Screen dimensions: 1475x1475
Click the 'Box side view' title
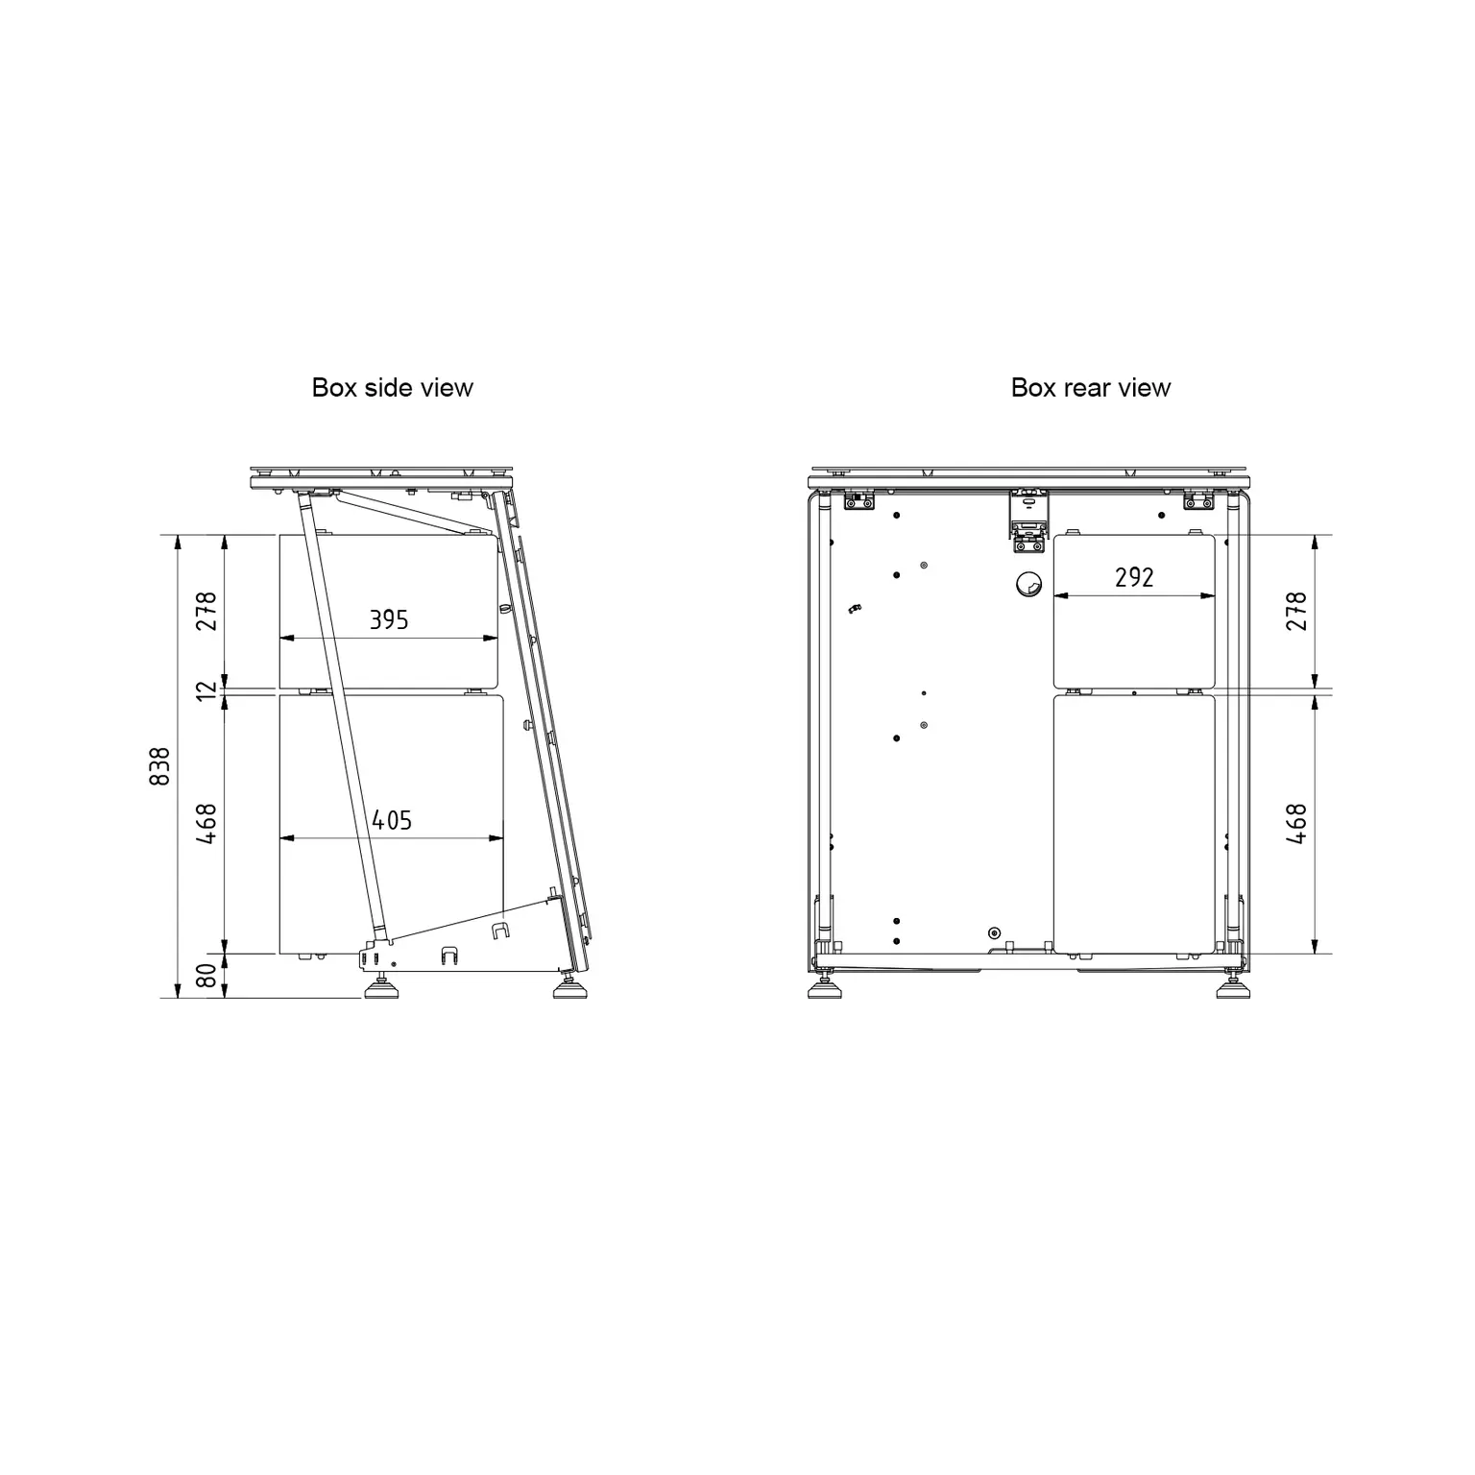(392, 388)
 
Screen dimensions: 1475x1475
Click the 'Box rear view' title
(1091, 388)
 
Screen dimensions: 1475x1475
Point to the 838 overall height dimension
(160, 766)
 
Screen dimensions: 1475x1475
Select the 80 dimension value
(206, 977)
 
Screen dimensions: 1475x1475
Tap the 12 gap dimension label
(206, 689)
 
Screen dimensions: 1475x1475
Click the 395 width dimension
(389, 620)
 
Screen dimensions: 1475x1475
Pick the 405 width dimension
(392, 820)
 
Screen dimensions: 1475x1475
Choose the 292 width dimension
(1134, 577)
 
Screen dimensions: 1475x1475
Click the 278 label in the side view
(206, 611)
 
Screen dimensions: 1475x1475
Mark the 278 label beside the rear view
(1296, 611)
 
